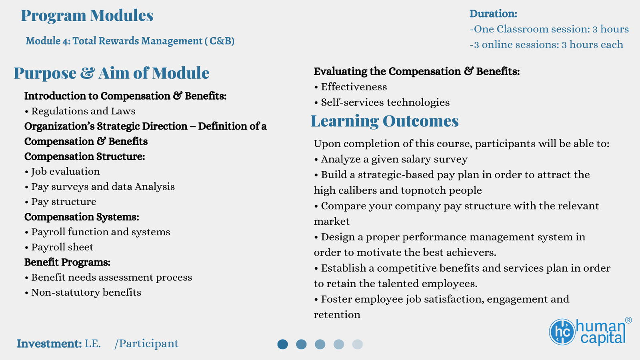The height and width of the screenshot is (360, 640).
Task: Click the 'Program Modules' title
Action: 87,16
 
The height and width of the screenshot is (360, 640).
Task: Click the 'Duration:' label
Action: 494,14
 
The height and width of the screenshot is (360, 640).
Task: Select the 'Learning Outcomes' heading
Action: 384,121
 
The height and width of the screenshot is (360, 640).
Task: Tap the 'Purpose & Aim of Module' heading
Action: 112,73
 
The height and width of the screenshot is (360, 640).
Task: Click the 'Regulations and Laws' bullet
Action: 80,111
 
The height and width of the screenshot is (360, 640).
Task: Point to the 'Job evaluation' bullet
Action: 62,172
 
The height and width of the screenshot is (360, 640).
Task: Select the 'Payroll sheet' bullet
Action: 59,247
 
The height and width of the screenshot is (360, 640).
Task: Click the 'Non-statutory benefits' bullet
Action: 83,292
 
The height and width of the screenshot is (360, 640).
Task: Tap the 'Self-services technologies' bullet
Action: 382,102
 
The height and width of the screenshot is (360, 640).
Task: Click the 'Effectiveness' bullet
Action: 350,87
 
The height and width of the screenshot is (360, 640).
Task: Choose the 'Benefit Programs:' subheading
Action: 67,262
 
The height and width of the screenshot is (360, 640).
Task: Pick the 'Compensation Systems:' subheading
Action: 82,217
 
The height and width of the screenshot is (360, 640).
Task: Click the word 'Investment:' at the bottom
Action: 49,344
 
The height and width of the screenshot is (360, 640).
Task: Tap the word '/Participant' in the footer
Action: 146,344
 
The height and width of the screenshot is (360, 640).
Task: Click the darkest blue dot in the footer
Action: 282,344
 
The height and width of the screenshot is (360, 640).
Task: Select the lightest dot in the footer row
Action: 358,344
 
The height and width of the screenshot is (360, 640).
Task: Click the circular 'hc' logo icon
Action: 562,332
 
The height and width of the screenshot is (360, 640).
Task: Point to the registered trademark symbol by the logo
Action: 628,320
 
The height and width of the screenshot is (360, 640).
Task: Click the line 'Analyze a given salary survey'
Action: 390,160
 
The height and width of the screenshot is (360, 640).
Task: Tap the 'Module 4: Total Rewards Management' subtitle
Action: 114,41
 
